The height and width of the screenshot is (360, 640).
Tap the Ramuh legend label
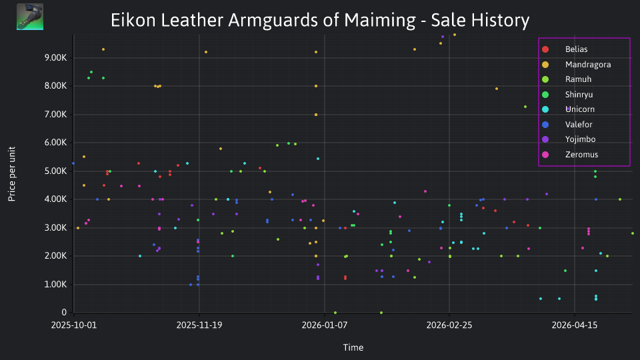tap(578, 79)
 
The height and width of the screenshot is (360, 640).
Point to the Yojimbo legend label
tap(580, 139)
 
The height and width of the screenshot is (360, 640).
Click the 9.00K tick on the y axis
tap(56, 58)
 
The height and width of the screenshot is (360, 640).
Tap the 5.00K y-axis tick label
tap(56, 171)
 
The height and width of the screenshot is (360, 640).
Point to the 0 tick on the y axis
tap(64, 313)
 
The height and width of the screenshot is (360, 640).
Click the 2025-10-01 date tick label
tap(74, 325)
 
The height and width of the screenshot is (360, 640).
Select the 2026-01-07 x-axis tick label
tap(325, 325)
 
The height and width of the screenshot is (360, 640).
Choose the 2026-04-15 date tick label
tap(575, 325)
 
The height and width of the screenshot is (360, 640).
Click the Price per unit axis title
tap(12, 174)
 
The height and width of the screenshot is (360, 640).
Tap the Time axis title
tap(353, 348)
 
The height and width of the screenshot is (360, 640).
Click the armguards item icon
tap(30, 17)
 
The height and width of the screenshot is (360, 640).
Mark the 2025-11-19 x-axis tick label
tap(199, 325)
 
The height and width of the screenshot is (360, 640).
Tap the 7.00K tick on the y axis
tap(56, 115)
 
